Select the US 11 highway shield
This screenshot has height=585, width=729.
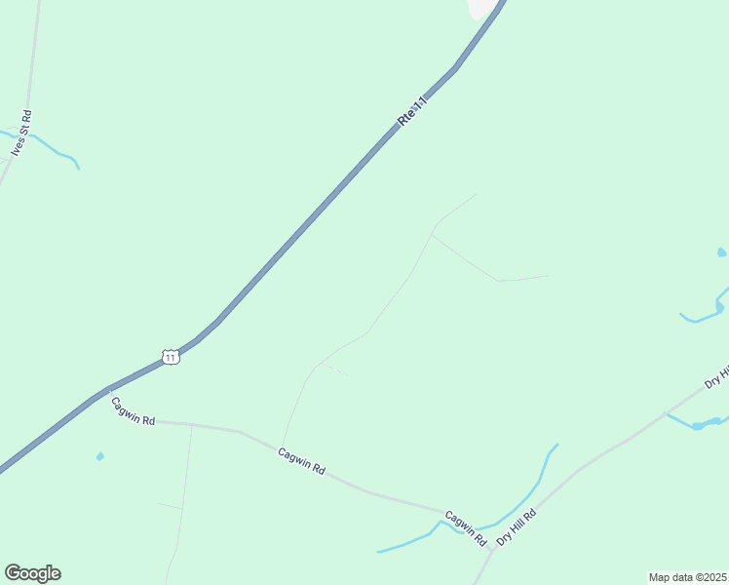click(x=171, y=357)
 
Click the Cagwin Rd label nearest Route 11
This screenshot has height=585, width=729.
click(x=133, y=411)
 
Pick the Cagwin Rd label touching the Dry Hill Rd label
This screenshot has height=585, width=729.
click(x=466, y=527)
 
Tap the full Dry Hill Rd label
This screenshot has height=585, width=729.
click(x=517, y=527)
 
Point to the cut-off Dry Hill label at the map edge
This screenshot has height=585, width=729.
click(x=718, y=376)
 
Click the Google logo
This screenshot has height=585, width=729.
click(x=32, y=573)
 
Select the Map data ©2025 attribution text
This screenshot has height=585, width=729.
click(x=687, y=577)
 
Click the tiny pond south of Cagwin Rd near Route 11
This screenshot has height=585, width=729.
click(x=99, y=455)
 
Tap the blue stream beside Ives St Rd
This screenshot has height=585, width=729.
click(x=58, y=151)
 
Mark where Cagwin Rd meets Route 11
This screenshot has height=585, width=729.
click(x=106, y=390)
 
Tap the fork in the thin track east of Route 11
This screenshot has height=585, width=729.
click(x=432, y=234)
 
